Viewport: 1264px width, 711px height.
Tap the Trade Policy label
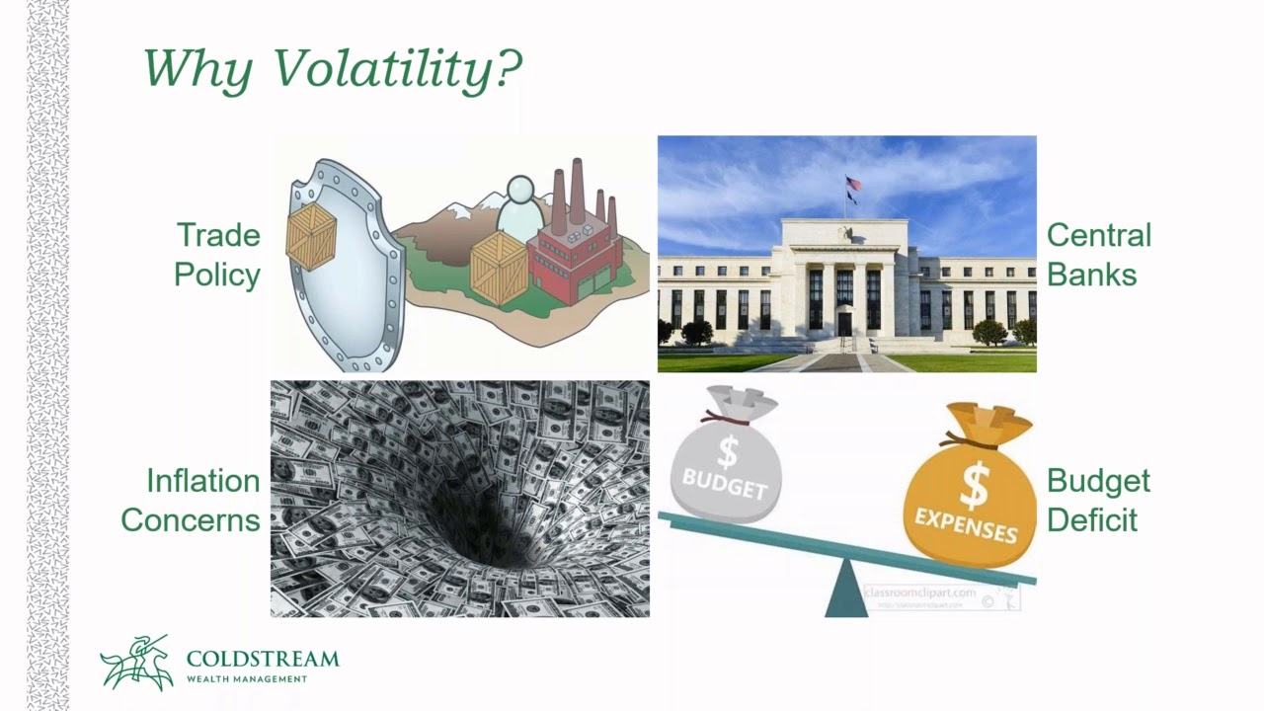tap(217, 255)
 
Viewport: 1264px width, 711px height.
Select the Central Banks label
tap(1098, 255)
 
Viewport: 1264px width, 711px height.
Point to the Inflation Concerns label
tap(191, 500)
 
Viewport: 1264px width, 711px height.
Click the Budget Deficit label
tap(1098, 500)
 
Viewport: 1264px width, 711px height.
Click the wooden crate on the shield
tap(311, 237)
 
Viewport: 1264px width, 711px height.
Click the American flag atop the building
tap(853, 184)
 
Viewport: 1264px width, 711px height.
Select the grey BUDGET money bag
tap(727, 459)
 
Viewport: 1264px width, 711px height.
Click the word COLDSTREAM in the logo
tap(262, 659)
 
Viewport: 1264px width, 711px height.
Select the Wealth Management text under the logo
tap(246, 678)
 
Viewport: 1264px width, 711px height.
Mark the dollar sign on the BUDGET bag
tap(728, 451)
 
